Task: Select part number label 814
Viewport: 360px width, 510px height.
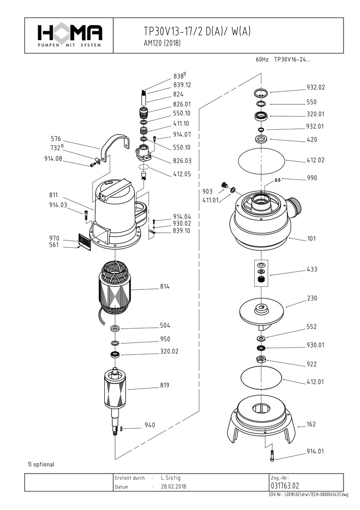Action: tap(165, 287)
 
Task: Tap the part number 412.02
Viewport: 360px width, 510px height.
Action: tap(316, 161)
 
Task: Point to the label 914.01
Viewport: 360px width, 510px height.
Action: tap(316, 451)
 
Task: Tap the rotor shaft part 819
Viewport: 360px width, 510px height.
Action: tap(115, 390)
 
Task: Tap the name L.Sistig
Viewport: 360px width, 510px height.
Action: tap(171, 478)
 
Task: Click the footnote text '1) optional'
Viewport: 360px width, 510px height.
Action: tap(41, 464)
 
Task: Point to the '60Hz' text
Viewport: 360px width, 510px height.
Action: tap(262, 60)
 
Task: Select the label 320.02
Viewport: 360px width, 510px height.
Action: tap(169, 351)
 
